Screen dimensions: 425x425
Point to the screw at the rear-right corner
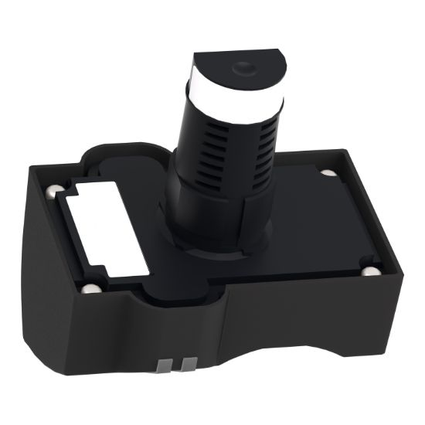(327, 172)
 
